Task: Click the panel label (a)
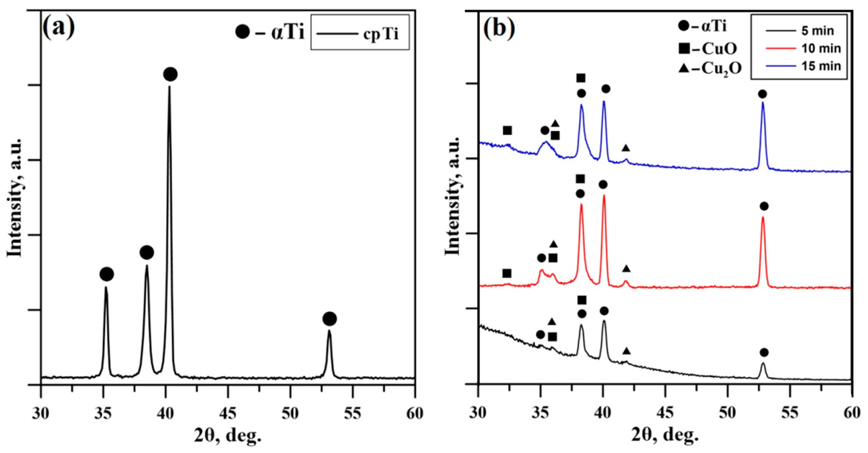[59, 28]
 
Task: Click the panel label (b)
[500, 28]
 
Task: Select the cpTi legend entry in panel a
[360, 33]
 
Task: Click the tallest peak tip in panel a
[169, 87]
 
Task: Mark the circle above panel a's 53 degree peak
[329, 319]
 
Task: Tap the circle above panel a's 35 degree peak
[106, 274]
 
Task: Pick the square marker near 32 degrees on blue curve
[508, 130]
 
